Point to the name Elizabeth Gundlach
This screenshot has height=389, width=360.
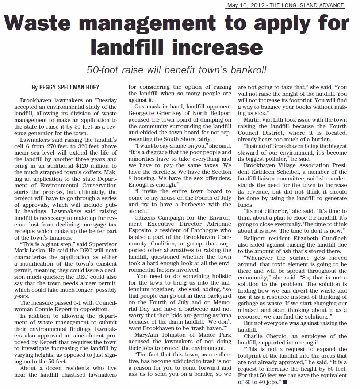coord(321,238)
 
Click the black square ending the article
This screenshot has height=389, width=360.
coord(285,382)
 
